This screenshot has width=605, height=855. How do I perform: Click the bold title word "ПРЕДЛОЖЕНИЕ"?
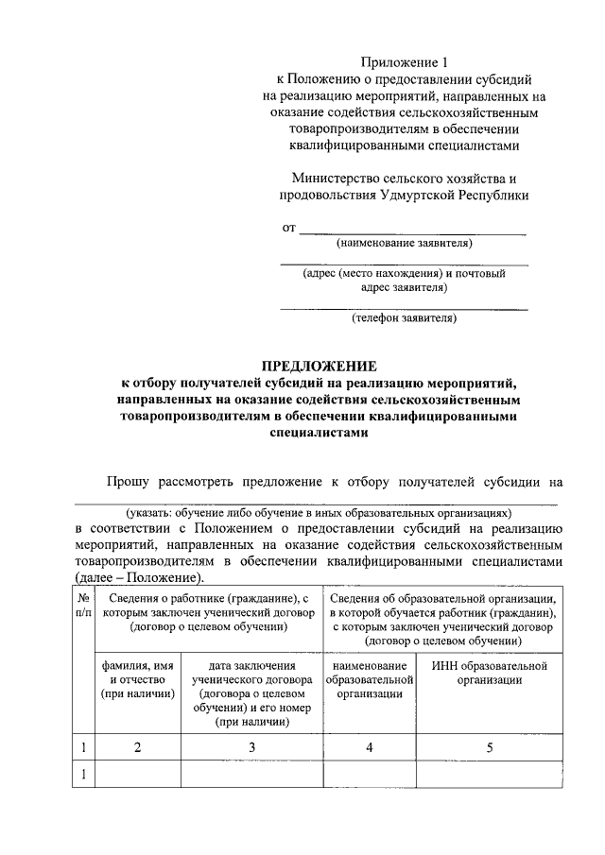point(319,366)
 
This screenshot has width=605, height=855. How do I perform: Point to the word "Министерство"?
point(336,178)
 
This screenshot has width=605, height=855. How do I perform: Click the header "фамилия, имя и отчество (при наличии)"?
point(138,680)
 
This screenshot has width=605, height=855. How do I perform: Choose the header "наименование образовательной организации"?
point(371,680)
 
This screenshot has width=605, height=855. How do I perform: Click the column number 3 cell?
point(251,748)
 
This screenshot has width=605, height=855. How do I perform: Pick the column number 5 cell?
point(490,748)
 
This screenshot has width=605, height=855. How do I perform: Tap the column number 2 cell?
point(138,748)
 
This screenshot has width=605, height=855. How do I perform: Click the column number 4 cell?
point(371,748)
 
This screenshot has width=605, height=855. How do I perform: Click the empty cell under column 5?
point(490,775)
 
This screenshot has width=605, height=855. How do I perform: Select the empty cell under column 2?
point(138,775)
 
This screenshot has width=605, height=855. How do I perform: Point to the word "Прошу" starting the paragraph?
point(127,482)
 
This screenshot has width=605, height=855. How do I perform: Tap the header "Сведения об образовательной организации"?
point(443,598)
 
